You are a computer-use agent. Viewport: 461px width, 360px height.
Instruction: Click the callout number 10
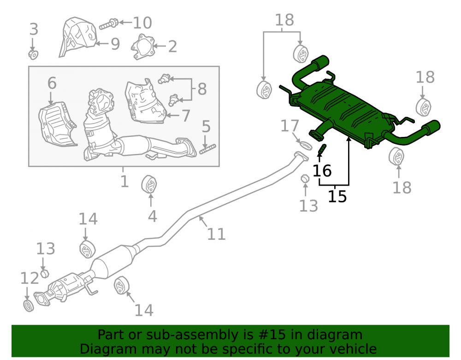click(142, 23)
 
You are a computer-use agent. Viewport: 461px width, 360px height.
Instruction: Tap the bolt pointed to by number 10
click(109, 24)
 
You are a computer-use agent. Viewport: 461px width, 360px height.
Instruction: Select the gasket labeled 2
click(143, 47)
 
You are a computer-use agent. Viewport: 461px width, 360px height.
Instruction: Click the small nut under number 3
click(33, 55)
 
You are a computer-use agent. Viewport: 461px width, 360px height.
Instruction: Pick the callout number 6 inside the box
click(52, 83)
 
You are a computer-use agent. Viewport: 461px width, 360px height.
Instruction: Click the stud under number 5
click(207, 149)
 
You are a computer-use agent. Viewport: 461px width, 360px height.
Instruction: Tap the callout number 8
click(202, 89)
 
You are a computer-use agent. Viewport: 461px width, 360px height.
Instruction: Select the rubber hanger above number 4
click(149, 184)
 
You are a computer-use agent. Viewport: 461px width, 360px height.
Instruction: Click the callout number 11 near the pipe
click(216, 234)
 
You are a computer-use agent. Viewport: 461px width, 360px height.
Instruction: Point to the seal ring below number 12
click(29, 306)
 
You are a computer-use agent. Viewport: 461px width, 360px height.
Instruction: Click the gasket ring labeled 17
click(305, 145)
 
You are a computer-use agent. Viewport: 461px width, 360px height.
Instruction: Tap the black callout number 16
click(322, 171)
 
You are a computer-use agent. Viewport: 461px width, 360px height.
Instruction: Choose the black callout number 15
click(337, 196)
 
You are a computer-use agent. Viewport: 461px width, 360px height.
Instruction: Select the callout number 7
click(186, 116)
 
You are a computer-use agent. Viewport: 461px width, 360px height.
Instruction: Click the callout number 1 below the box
click(124, 181)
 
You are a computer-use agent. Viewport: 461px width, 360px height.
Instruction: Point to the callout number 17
click(290, 126)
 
